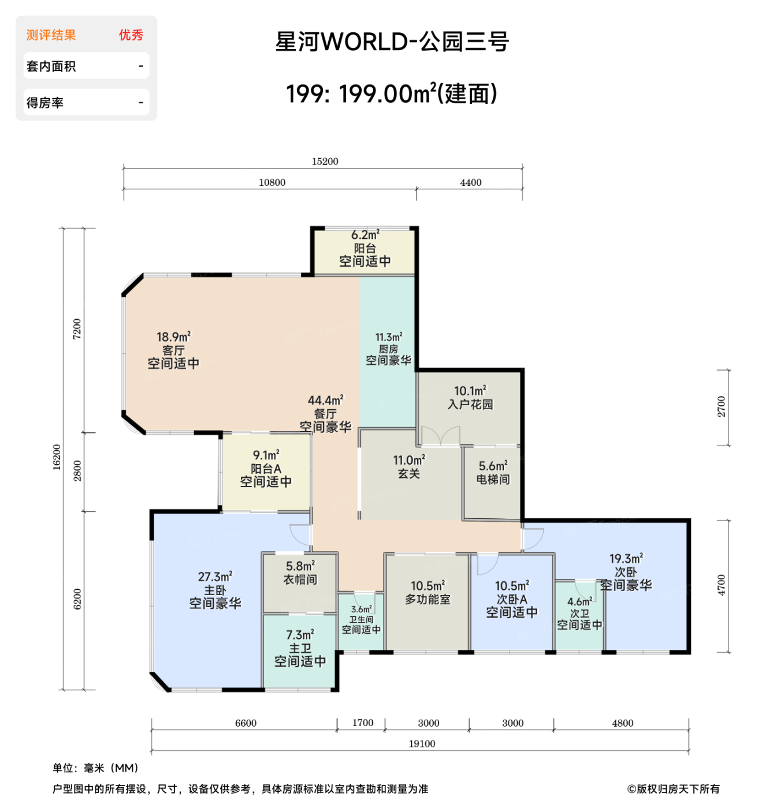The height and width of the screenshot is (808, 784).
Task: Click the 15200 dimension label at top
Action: click(325, 162)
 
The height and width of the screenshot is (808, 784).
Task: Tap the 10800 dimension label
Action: click(272, 182)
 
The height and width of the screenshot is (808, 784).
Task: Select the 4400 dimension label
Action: click(470, 182)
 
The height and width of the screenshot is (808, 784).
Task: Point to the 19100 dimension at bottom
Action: click(422, 744)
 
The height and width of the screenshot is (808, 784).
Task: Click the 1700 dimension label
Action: click(363, 723)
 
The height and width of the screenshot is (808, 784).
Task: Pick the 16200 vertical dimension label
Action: click(57, 457)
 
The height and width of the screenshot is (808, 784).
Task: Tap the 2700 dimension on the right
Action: click(722, 407)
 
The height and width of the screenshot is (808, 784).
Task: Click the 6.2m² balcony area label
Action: click(365, 235)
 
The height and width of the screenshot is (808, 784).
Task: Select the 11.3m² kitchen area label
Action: click(389, 337)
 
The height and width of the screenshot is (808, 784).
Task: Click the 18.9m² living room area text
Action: click(173, 337)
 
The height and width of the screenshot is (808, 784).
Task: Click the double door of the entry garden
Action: click(440, 436)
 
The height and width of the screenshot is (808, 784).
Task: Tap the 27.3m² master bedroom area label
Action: click(215, 577)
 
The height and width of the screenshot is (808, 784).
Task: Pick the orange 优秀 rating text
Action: click(131, 35)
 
